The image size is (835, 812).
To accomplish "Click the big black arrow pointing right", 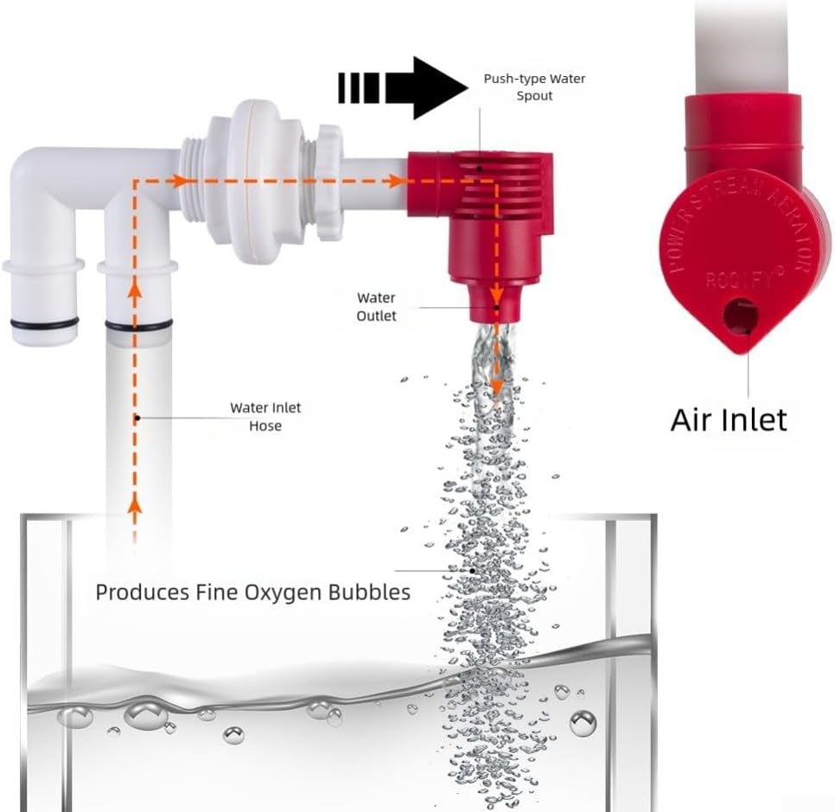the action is click(403, 88).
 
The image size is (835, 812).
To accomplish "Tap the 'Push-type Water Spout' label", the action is click(534, 87).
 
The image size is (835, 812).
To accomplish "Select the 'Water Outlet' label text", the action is click(376, 307).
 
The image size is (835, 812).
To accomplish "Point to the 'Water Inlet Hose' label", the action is click(265, 417).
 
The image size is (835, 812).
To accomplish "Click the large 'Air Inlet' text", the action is click(729, 420).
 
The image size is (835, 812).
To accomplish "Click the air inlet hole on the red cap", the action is click(740, 316).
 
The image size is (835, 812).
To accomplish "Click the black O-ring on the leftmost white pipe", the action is click(45, 323).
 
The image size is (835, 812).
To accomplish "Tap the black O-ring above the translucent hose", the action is click(138, 325).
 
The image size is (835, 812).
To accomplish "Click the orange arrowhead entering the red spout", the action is click(395, 181).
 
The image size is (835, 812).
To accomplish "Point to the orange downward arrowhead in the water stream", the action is click(496, 387).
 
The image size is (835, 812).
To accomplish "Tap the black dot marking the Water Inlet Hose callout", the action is click(137, 419).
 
